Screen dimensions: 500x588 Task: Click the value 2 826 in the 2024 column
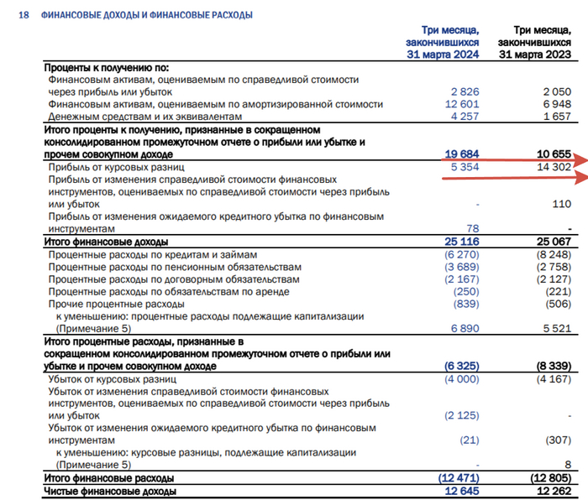tap(465, 91)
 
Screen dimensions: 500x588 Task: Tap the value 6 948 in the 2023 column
tap(557, 103)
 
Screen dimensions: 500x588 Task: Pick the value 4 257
tap(465, 116)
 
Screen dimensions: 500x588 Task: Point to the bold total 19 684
tap(461, 154)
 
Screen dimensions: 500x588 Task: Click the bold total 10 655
tap(554, 154)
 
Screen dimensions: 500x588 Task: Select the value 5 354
tap(465, 167)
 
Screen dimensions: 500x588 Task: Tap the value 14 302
tap(554, 167)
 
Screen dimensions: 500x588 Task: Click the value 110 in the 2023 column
tap(562, 204)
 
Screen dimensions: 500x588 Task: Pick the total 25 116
tap(461, 242)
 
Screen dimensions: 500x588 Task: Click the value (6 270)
tap(462, 254)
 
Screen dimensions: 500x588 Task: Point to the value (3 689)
tap(462, 267)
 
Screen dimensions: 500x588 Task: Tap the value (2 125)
tap(462, 416)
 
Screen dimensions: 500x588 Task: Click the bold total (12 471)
tap(459, 477)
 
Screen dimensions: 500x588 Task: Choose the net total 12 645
tap(461, 490)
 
